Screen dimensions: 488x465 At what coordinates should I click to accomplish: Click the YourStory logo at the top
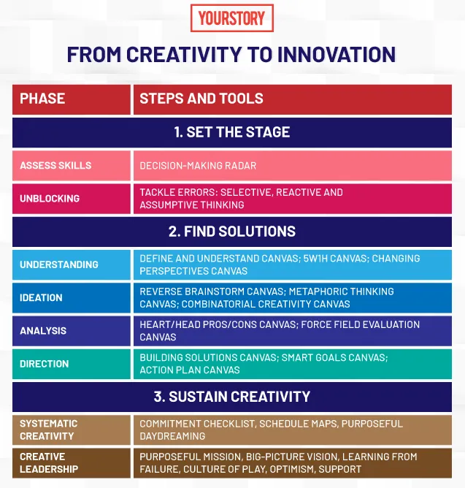pos(232,18)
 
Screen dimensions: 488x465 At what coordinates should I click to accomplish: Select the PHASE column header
pos(42,99)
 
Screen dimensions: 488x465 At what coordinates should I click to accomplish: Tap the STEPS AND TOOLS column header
pos(201,99)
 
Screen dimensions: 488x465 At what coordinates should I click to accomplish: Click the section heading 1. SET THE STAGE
pos(232,132)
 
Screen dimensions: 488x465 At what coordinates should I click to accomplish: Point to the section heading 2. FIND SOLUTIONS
pos(232,232)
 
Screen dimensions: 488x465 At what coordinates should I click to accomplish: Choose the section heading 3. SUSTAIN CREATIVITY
pos(232,397)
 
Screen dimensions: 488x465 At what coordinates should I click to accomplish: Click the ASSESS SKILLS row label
pos(55,166)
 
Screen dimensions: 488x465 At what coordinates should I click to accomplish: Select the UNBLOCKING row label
pos(50,199)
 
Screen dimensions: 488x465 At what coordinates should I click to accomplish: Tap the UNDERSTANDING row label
pos(59,264)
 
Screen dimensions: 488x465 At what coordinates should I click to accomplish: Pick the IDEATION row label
pos(41,297)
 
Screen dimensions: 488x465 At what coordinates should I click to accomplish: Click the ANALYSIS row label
pos(43,331)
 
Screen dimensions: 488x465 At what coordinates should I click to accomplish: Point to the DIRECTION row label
pos(45,364)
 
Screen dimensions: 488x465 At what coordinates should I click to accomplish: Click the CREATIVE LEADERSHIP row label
pos(49,462)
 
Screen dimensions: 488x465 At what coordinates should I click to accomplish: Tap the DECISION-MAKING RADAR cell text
pos(198,166)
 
